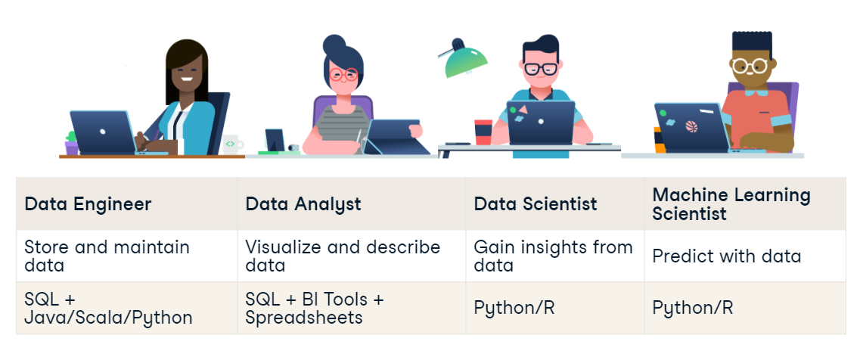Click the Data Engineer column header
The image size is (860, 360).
pos(88,204)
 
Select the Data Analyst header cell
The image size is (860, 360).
pos(303,204)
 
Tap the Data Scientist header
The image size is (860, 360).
pos(535,204)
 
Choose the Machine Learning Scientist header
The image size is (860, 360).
pos(731,204)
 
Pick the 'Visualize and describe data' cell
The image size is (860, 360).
pos(342,256)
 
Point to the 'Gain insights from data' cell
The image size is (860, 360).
pos(552,256)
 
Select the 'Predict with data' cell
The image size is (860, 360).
pos(726,256)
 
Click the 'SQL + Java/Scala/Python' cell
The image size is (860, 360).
pos(107,308)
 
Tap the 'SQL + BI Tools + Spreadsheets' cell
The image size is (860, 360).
pos(314,308)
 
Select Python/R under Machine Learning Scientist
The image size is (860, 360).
pos(692,309)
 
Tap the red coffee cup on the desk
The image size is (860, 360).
pos(483,131)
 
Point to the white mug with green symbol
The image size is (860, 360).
pos(231,143)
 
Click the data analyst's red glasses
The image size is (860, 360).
pos(344,74)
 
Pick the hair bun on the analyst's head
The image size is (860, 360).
pos(334,44)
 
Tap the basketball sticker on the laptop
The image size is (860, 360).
pos(690,126)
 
